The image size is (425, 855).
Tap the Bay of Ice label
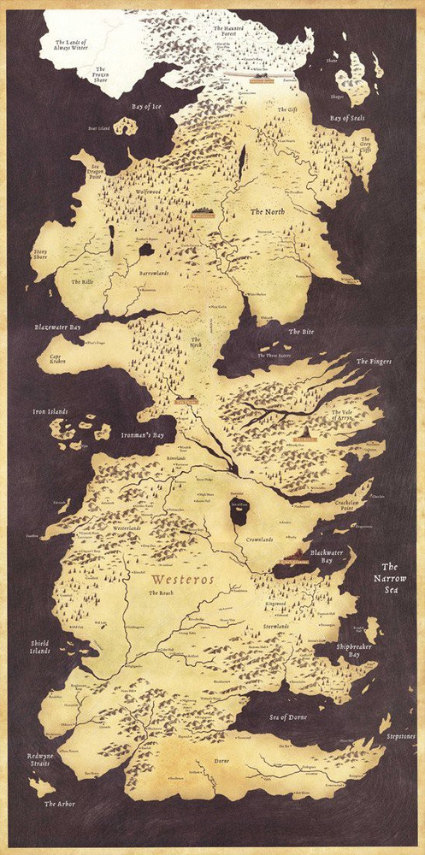coord(146,107)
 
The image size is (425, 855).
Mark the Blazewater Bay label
coord(59,327)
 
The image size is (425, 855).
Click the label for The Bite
coord(301,332)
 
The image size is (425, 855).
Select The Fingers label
coord(374,362)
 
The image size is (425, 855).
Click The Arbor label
coord(61,804)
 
